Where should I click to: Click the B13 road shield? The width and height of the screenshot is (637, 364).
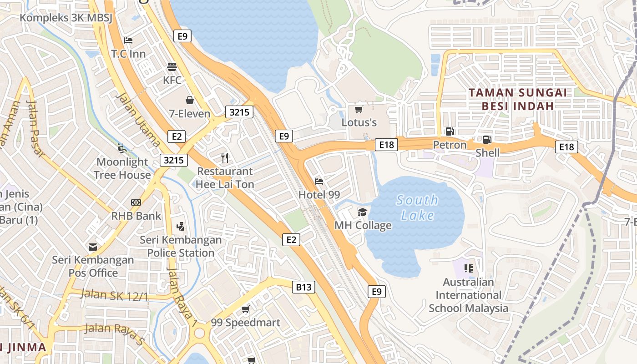pyautogui.click(x=303, y=287)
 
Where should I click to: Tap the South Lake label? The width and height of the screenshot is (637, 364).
pyautogui.click(x=417, y=207)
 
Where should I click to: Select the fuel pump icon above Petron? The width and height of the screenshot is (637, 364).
pyautogui.click(x=450, y=131)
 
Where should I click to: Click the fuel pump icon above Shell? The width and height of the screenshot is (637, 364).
pyautogui.click(x=487, y=139)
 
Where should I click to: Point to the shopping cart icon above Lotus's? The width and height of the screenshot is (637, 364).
pyautogui.click(x=359, y=109)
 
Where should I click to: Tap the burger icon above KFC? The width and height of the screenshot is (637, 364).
pyautogui.click(x=172, y=67)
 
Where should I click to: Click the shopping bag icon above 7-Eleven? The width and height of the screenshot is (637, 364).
pyautogui.click(x=190, y=100)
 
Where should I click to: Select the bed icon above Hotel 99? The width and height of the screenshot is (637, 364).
pyautogui.click(x=319, y=181)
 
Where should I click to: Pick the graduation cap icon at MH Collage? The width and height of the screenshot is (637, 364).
pyautogui.click(x=362, y=212)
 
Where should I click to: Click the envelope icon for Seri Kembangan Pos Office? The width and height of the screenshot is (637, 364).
pyautogui.click(x=93, y=247)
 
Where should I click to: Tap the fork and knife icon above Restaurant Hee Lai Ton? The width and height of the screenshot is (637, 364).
pyautogui.click(x=224, y=158)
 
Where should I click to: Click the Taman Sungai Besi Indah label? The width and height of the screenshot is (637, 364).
pyautogui.click(x=518, y=99)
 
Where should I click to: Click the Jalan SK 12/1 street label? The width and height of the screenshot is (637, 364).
pyautogui.click(x=114, y=295)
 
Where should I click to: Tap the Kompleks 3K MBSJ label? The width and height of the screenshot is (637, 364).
pyautogui.click(x=66, y=18)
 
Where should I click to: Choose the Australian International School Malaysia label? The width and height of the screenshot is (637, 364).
pyautogui.click(x=468, y=295)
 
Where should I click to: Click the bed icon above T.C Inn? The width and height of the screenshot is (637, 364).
pyautogui.click(x=128, y=40)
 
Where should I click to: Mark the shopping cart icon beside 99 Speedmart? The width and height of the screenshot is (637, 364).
pyautogui.click(x=245, y=309)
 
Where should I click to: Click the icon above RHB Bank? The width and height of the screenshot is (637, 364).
pyautogui.click(x=136, y=202)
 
